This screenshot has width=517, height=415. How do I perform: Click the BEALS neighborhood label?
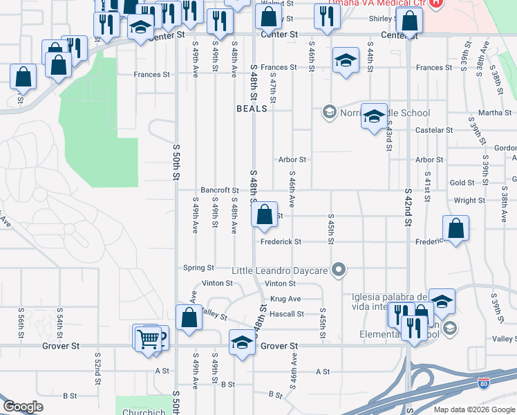(x=252, y=109)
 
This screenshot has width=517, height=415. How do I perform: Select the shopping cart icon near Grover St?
(x=148, y=339)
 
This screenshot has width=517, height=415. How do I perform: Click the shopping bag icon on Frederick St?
(x=456, y=228)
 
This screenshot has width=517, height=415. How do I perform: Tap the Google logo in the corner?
(x=23, y=407)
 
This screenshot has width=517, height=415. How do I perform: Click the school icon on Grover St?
(x=242, y=343)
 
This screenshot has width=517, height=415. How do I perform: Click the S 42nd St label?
(x=408, y=207)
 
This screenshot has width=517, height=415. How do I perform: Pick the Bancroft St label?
(x=219, y=190)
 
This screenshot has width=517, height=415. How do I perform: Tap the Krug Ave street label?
(x=285, y=299)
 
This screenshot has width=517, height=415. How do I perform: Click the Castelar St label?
(x=434, y=130)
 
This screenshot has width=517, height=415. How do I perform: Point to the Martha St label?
(x=495, y=113)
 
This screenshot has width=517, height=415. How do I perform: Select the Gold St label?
(x=462, y=183)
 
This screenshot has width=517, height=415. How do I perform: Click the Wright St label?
(x=470, y=201)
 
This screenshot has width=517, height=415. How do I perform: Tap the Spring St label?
(x=198, y=268)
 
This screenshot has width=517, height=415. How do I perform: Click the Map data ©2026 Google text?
(x=473, y=409)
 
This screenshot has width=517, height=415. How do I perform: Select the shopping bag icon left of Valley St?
(x=189, y=318)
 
